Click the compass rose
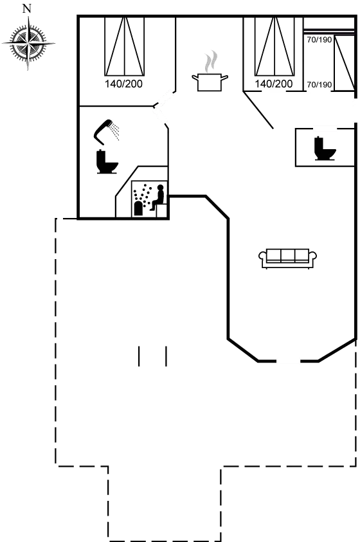click(29, 44)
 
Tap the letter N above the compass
click(26, 8)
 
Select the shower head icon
click(106, 132)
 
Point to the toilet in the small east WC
click(325, 149)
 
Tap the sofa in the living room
click(287, 258)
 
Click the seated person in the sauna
click(157, 198)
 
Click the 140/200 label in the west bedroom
click(123, 84)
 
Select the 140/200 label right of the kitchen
click(274, 84)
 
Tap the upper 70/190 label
click(319, 40)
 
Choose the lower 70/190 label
click(319, 85)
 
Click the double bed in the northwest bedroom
click(124, 46)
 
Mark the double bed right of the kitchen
click(274, 46)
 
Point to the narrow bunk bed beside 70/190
click(345, 63)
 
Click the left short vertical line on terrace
click(139, 356)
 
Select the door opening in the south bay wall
click(288, 361)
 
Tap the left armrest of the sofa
click(262, 256)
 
